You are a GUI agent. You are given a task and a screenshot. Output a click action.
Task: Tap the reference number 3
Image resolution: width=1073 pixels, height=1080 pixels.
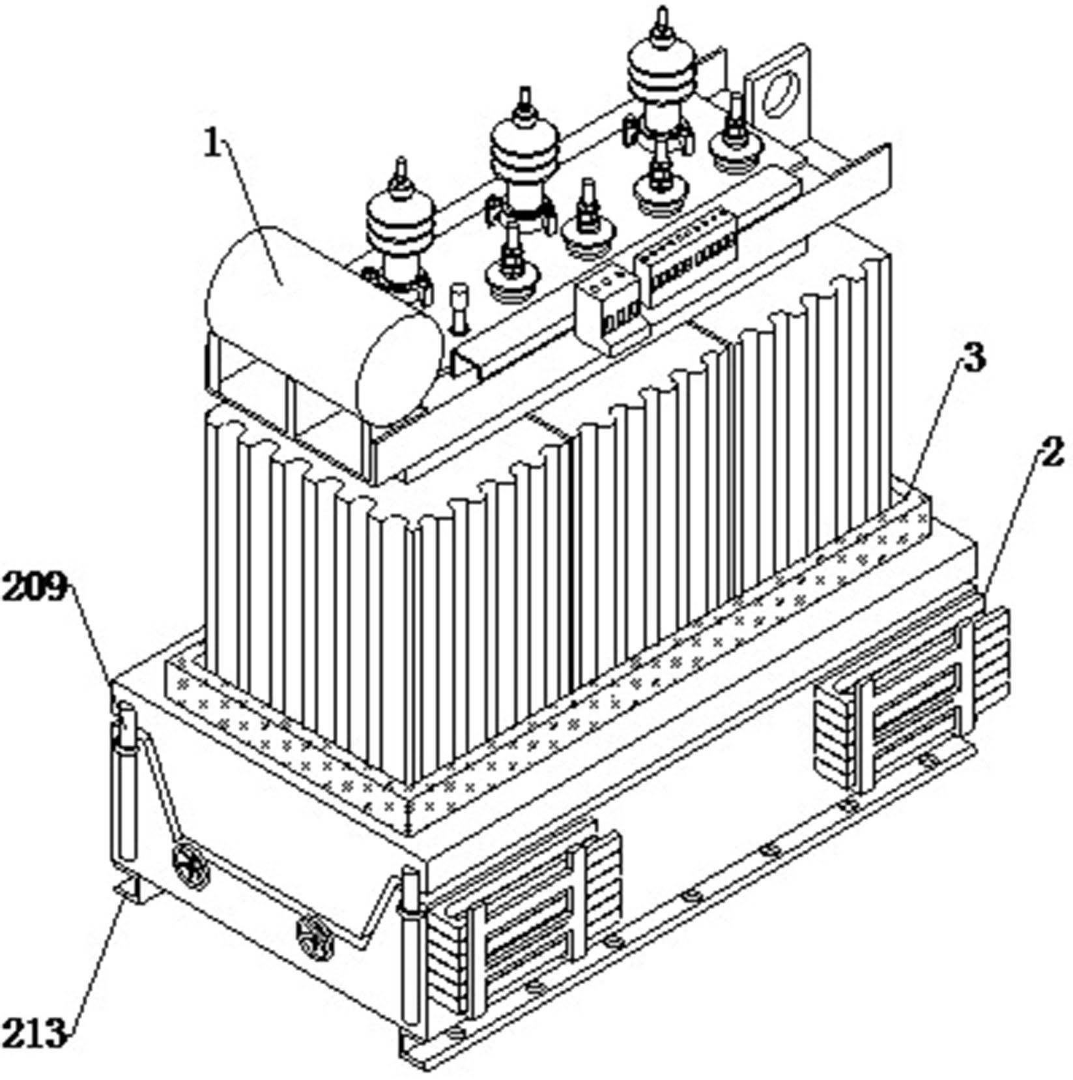point(973,357)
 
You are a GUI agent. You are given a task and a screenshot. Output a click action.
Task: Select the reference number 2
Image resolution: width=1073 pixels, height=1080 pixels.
point(1051,452)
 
